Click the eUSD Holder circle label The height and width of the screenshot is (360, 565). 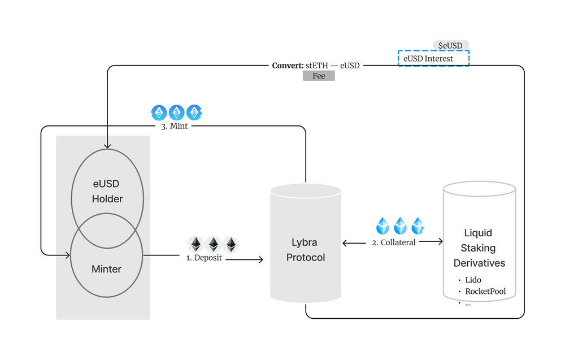tap(107, 191)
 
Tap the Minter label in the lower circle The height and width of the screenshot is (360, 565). tap(106, 269)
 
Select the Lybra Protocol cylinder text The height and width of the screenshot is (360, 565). tap(306, 250)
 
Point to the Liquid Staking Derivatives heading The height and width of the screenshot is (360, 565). tap(479, 248)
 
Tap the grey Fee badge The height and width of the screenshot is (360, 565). tap(319, 76)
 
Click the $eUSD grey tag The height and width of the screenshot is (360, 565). tap(450, 45)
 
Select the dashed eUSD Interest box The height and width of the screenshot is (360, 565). tap(433, 58)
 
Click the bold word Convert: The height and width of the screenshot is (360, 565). tap(288, 66)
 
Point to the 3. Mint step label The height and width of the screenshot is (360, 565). tap(175, 126)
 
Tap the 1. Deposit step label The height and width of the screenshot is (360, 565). tap(204, 258)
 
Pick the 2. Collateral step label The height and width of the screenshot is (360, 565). tap(393, 242)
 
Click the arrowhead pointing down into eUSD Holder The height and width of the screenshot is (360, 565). tap(107, 146)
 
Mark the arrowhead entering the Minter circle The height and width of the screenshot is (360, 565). tap(67, 255)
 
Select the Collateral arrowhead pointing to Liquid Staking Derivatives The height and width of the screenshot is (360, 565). tap(440, 241)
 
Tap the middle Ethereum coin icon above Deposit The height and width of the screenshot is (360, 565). tap(214, 244)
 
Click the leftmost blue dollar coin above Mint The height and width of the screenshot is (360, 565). tap(159, 112)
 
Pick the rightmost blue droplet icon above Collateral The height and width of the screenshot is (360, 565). tap(418, 225)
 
